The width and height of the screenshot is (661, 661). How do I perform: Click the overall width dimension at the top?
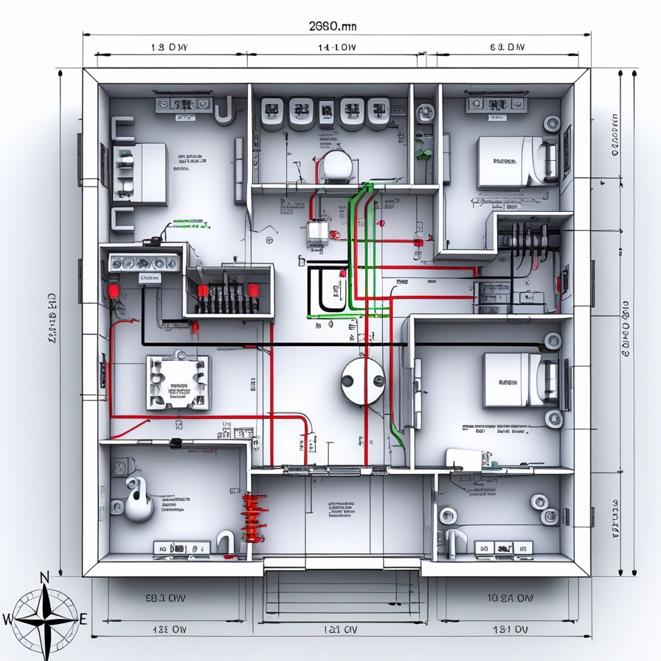pyautogui.click(x=332, y=26)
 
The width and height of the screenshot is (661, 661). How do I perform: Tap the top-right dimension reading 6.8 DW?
pyautogui.click(x=507, y=48)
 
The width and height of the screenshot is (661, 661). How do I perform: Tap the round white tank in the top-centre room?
pyautogui.click(x=336, y=164)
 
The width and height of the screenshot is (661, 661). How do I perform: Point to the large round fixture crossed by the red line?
pyautogui.click(x=363, y=381)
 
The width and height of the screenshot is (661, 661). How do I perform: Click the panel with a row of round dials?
pyautogui.click(x=145, y=263)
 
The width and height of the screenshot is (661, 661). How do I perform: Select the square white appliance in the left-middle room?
pyautogui.click(x=177, y=383)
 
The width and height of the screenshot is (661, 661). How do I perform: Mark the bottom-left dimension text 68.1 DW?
pyautogui.click(x=165, y=598)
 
